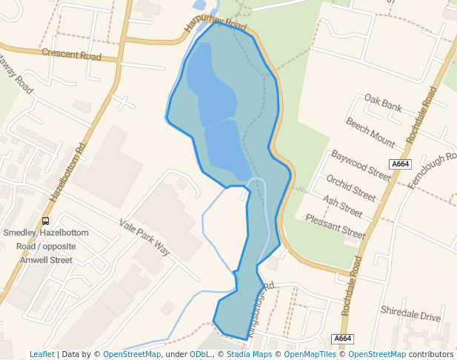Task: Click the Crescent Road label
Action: pos(71,54)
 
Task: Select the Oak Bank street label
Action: pos(383,103)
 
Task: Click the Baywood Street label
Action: pos(361,165)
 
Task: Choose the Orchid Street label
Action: pos(351,188)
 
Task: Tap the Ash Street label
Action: pos(342,207)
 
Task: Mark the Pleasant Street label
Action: pos(336,227)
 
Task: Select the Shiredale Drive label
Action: pos(410,313)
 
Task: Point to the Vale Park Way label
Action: pos(144,237)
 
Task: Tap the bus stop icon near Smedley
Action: pos(46,220)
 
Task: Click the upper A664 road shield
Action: pos(400,164)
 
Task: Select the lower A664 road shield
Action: pos(343,339)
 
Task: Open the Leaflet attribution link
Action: pos(41,354)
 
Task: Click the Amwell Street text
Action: pos(46,260)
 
